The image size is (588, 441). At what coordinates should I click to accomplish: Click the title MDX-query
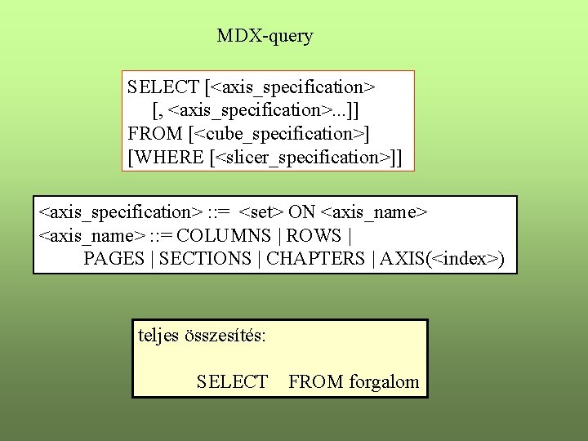click(x=265, y=36)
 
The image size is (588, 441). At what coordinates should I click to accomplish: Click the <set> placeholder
click(x=262, y=212)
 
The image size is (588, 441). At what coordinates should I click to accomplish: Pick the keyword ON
click(x=302, y=212)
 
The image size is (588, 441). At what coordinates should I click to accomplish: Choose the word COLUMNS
click(x=226, y=236)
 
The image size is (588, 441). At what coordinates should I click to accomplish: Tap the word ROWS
click(x=314, y=236)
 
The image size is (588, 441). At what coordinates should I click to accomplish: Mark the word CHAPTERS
click(x=316, y=259)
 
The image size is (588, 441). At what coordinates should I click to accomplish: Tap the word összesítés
click(x=229, y=335)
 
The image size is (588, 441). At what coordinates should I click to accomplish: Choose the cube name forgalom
click(x=384, y=381)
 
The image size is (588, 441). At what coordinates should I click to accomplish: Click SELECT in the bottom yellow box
click(x=232, y=381)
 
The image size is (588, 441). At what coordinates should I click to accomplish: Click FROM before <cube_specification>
click(x=155, y=133)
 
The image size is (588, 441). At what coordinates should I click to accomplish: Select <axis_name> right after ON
click(x=374, y=212)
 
